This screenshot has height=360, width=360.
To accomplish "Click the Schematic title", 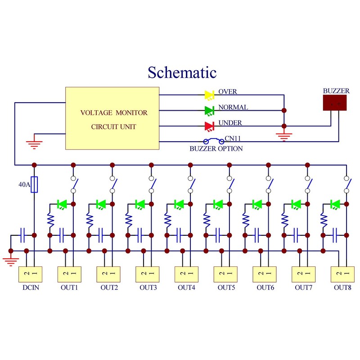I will (x=182, y=72).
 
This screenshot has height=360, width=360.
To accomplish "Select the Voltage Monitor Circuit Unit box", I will (x=112, y=118).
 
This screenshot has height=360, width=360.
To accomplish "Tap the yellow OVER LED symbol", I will (x=209, y=94).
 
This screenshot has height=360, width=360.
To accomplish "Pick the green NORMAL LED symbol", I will (x=209, y=110).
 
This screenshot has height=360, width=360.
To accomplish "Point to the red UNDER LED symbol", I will (x=209, y=126).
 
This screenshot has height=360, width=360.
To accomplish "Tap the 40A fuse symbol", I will (x=34, y=184).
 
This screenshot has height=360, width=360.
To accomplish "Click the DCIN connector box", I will (x=30, y=274).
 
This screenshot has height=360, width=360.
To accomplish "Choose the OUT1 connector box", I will (x=69, y=274).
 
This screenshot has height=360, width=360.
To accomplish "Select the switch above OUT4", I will (x=192, y=184).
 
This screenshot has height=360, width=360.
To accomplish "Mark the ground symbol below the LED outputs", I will (x=283, y=136).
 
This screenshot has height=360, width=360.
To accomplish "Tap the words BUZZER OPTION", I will (x=216, y=148).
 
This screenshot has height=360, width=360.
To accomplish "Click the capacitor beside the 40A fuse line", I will (x=22, y=234).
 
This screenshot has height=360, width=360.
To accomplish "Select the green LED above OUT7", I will (x=296, y=204).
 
